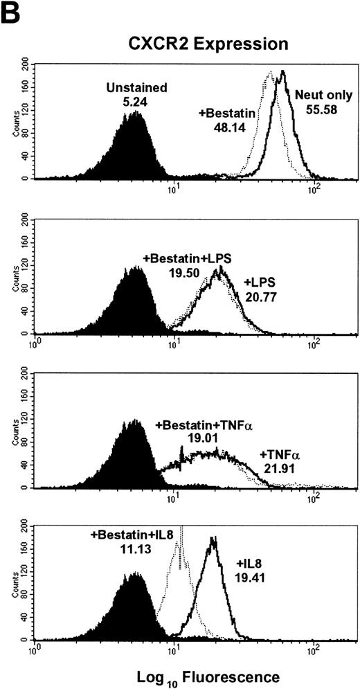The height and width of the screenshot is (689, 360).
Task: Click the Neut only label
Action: (321, 91)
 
